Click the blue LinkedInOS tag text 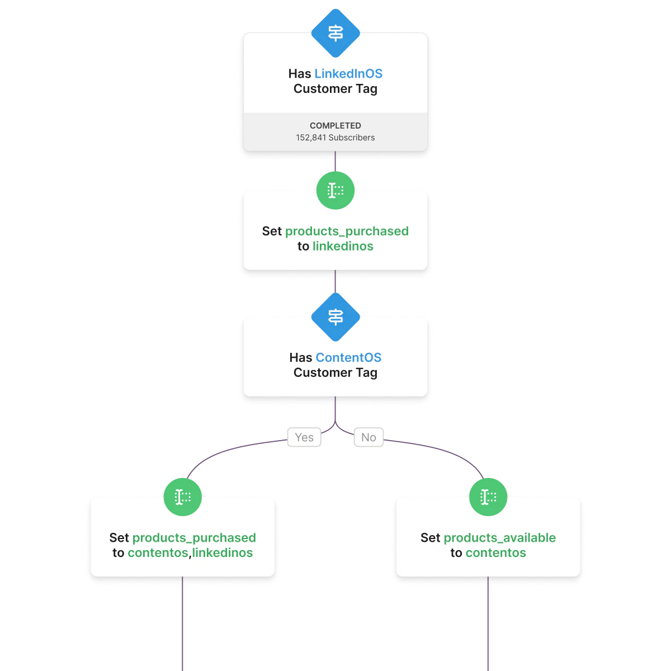348,74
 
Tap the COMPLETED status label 335,126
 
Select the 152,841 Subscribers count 335,138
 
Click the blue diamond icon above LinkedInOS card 335,33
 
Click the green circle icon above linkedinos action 335,191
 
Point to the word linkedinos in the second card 343,247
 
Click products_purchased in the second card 347,231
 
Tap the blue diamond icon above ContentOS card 335,317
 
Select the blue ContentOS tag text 348,358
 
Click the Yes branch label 304,437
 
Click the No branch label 368,437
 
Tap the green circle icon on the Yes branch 183,497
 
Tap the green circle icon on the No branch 488,497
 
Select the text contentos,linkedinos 190,553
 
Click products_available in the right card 499,538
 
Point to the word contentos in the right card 495,553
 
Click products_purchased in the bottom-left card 194,538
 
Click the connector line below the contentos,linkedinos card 182,626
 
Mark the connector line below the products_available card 488,626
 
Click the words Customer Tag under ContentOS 335,373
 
